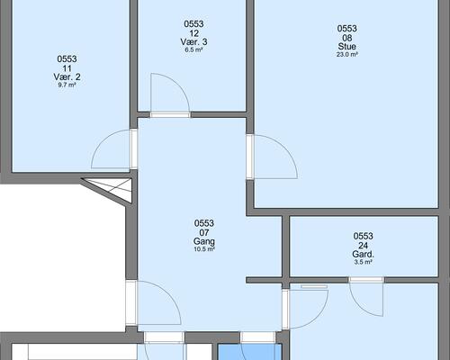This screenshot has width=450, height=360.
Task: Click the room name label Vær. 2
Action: (x=67, y=76)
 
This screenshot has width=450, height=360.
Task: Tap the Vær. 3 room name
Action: (x=193, y=41)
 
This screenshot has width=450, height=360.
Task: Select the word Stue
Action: (x=347, y=47)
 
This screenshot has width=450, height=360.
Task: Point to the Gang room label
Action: (x=204, y=241)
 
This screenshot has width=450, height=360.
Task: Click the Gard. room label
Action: (x=364, y=255)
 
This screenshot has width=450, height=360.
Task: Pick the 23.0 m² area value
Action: (x=347, y=55)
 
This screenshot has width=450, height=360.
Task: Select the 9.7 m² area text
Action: (x=67, y=85)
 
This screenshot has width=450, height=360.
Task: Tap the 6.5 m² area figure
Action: (x=193, y=49)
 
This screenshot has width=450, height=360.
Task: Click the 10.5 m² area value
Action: (x=204, y=249)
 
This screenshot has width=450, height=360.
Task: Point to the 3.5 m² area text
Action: (x=364, y=262)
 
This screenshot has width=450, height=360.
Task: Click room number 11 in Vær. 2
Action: (x=67, y=68)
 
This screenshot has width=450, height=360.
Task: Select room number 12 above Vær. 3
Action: (x=193, y=33)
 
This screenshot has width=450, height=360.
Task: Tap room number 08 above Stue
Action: (x=347, y=38)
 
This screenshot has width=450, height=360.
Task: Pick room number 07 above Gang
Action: (x=204, y=232)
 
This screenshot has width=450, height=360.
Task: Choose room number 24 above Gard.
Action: (x=364, y=246)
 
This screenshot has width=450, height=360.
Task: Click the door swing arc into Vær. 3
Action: (x=177, y=85)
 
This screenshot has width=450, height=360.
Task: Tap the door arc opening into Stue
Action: (x=284, y=148)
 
